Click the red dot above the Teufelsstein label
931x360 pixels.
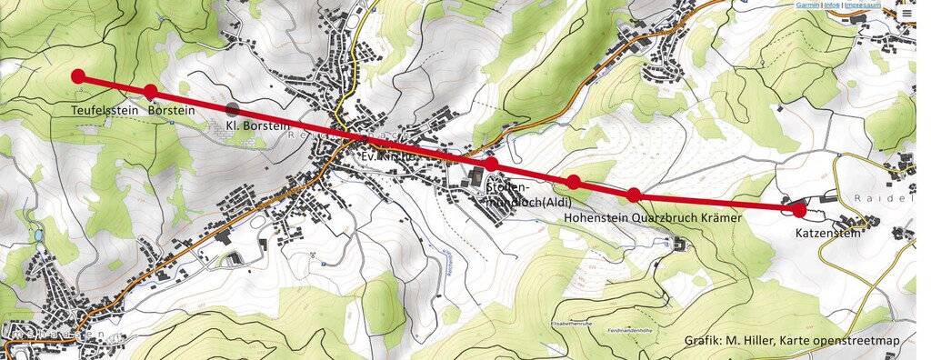click(78, 76)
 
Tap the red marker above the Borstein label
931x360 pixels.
click(151, 91)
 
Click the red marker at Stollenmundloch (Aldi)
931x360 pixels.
click(491, 164)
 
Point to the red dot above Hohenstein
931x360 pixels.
click(574, 182)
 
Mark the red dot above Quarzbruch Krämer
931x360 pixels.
click(635, 194)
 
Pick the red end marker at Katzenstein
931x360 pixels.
click(799, 210)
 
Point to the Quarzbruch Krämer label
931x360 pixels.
click(691, 218)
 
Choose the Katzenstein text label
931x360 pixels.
click(827, 233)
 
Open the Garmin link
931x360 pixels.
click(807, 5)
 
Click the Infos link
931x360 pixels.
click(832, 5)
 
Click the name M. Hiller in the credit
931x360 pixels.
click(746, 342)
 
